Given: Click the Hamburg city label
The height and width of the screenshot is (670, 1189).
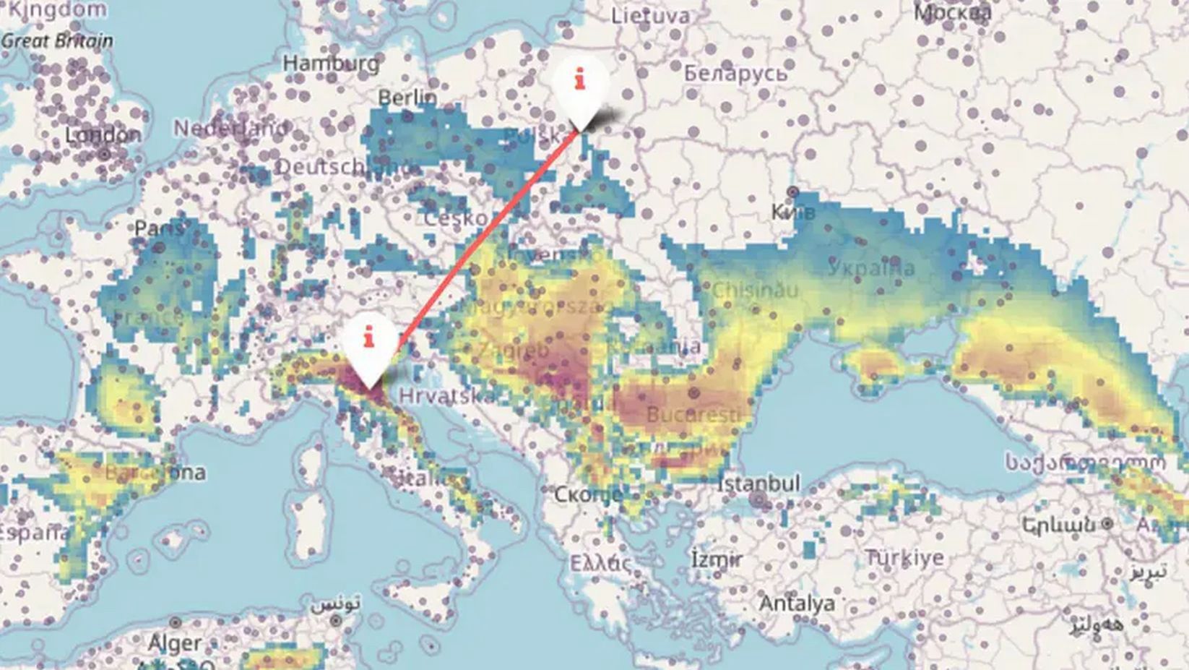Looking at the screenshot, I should pyautogui.click(x=331, y=64).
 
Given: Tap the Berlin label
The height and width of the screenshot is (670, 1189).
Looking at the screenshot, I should pyautogui.click(x=407, y=97).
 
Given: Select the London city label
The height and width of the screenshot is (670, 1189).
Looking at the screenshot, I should pyautogui.click(x=103, y=135).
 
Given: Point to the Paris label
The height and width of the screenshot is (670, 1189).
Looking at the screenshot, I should pyautogui.click(x=159, y=228).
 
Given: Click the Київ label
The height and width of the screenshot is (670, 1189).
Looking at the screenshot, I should pyautogui.click(x=793, y=212).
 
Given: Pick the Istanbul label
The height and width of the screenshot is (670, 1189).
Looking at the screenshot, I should pyautogui.click(x=758, y=483).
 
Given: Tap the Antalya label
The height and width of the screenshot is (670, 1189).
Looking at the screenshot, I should pyautogui.click(x=797, y=603).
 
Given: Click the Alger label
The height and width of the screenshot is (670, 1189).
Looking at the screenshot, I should pyautogui.click(x=174, y=642).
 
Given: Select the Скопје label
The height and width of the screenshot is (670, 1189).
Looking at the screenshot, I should pyautogui.click(x=588, y=494).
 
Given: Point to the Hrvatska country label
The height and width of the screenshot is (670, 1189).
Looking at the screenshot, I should pyautogui.click(x=447, y=396).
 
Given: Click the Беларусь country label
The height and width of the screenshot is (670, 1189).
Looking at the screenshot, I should pyautogui.click(x=735, y=73).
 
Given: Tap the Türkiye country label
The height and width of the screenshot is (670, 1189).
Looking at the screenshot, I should pyautogui.click(x=904, y=558).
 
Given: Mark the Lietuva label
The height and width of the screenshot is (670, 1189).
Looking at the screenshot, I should pyautogui.click(x=650, y=15).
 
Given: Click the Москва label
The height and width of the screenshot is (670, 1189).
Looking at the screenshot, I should pyautogui.click(x=953, y=12).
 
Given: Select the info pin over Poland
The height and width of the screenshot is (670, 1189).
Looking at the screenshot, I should pyautogui.click(x=580, y=85).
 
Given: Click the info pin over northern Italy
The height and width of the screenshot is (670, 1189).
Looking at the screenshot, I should pyautogui.click(x=370, y=345).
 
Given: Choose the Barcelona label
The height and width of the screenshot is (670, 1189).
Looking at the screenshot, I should pyautogui.click(x=155, y=473).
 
